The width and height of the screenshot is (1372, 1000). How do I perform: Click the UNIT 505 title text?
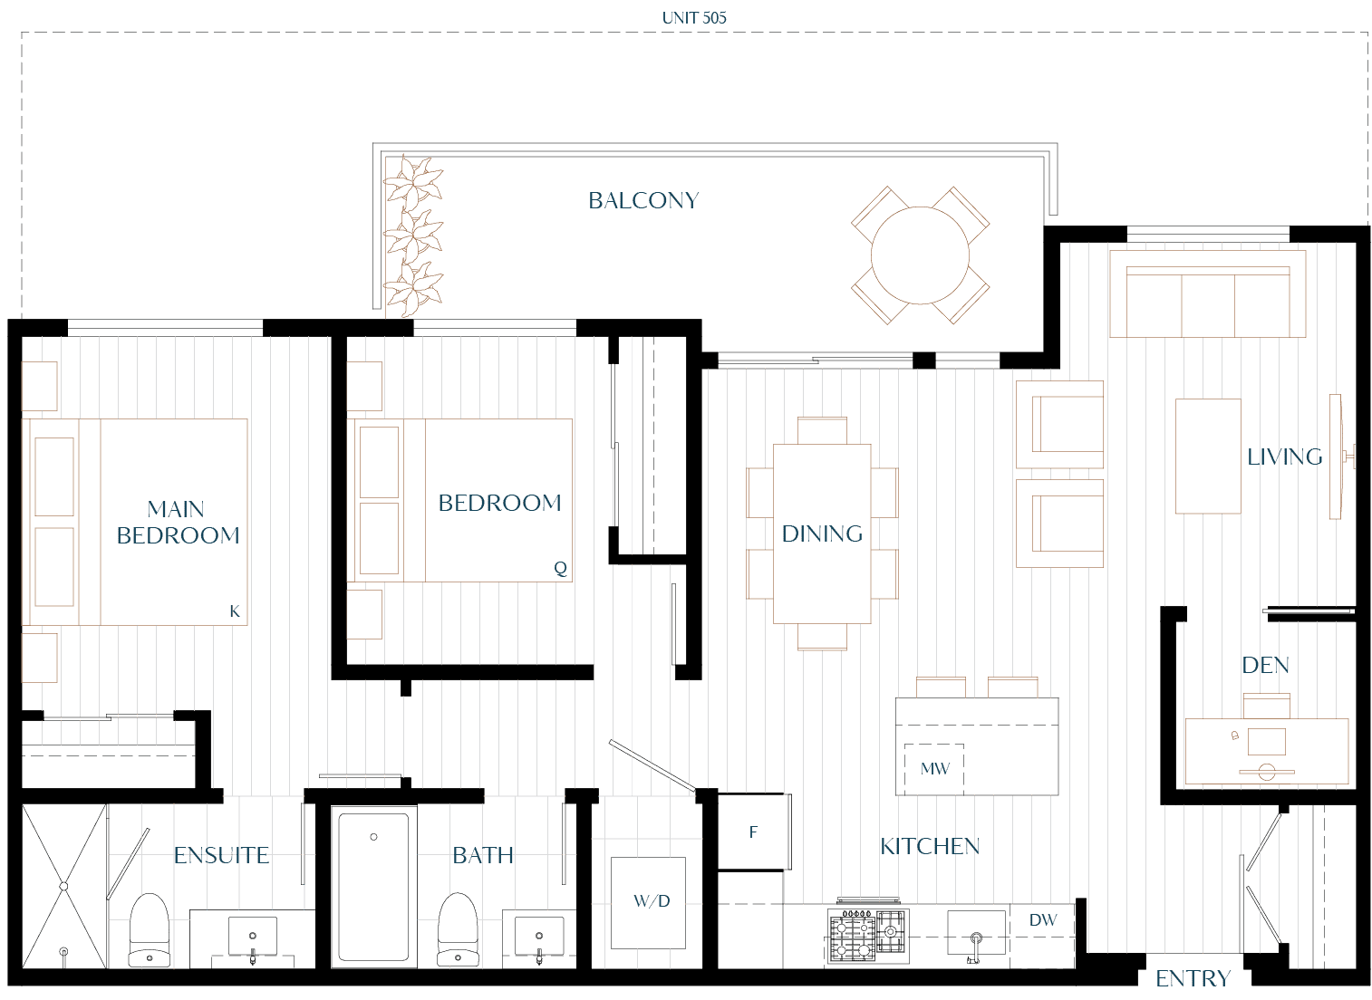click(694, 18)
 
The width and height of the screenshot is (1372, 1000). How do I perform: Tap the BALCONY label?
click(643, 201)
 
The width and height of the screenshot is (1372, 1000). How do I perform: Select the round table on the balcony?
click(920, 255)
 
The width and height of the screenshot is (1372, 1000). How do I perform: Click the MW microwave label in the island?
click(934, 768)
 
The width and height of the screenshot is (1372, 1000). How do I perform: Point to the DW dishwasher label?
click(1043, 919)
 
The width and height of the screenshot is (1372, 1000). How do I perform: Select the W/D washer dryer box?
click(648, 903)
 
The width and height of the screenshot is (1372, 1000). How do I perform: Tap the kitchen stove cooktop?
click(868, 935)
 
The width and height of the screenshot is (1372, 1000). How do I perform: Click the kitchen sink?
click(976, 933)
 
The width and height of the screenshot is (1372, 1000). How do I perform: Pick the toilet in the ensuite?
click(150, 930)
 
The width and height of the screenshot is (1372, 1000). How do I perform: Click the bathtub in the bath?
click(373, 887)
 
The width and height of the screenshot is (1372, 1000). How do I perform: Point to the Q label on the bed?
click(560, 568)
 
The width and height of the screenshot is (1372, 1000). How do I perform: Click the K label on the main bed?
click(235, 611)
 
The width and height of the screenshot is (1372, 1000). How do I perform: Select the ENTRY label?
click(1193, 978)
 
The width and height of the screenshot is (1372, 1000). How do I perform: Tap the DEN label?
click(1265, 665)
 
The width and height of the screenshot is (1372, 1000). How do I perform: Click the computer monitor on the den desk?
click(1267, 741)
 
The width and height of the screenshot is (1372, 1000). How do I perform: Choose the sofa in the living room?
click(1208, 294)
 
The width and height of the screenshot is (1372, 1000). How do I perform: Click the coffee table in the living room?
click(1208, 457)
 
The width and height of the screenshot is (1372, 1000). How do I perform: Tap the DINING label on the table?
click(822, 534)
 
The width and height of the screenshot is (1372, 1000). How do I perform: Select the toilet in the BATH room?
click(459, 930)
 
